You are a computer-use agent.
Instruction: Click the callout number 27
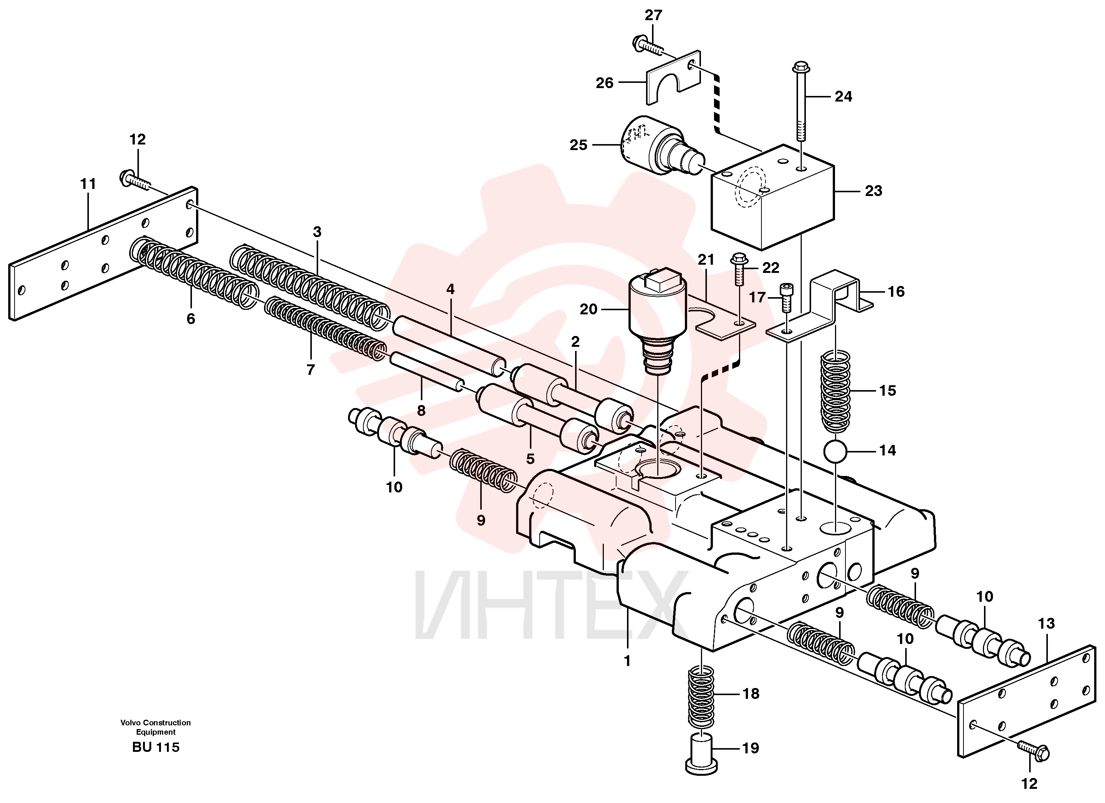pyautogui.click(x=654, y=16)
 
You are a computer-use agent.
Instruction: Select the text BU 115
pyautogui.click(x=156, y=747)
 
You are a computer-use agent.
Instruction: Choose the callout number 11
pyautogui.click(x=88, y=184)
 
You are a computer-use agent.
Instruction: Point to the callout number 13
pyautogui.click(x=1046, y=623)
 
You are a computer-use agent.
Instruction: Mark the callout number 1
pyautogui.click(x=627, y=661)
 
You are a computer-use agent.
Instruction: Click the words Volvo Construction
pyautogui.click(x=156, y=723)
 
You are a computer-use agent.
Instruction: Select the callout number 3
pyautogui.click(x=317, y=232)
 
